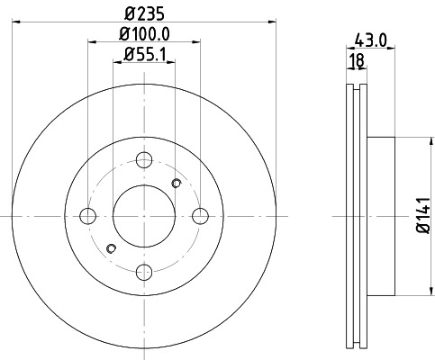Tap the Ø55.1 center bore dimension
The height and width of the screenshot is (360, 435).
click(144, 59)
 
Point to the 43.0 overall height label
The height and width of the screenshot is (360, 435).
click(369, 41)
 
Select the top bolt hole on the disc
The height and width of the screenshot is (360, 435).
click(144, 160)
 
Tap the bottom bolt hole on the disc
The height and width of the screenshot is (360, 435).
click(144, 272)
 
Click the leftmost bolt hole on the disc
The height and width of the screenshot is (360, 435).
click(88, 216)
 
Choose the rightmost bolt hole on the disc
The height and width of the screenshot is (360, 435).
click(200, 216)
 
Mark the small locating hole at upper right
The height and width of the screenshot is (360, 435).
click(177, 184)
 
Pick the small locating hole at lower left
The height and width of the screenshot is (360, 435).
click(111, 248)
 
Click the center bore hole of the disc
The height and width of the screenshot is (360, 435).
click(144, 216)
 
